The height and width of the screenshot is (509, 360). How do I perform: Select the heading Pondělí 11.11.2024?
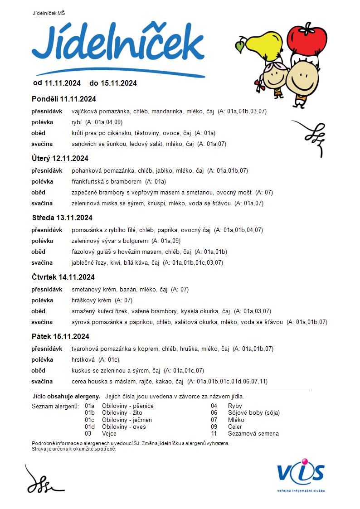64,99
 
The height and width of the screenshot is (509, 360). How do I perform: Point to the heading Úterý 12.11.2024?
60,158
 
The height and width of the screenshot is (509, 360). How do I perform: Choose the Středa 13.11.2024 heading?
62,218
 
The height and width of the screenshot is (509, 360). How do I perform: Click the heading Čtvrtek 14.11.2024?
63,277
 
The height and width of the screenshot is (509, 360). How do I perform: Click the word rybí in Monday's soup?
77,122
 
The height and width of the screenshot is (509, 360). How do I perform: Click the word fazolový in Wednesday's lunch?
83,252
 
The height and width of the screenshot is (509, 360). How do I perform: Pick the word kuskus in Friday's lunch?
81,371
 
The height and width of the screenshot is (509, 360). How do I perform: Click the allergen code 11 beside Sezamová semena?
214,434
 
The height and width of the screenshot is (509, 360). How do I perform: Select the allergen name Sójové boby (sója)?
254,413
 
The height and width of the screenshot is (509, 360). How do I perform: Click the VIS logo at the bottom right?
301,474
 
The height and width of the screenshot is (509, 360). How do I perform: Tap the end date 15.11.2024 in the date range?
119,83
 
